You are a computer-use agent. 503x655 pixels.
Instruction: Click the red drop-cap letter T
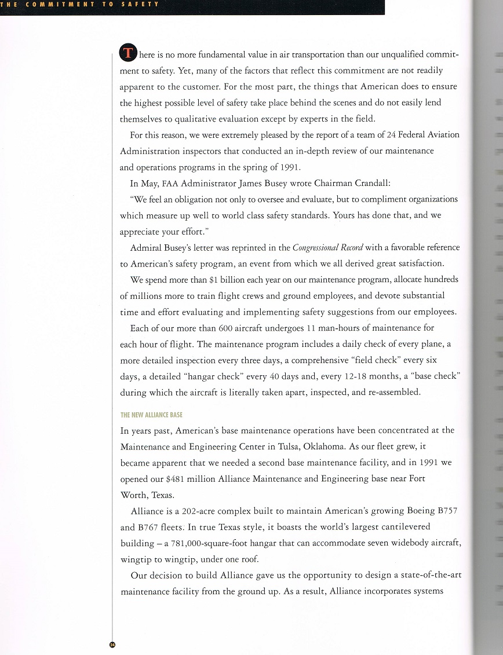pyautogui.click(x=127, y=54)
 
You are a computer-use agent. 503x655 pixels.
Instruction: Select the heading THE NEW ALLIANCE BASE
pyautogui.click(x=151, y=415)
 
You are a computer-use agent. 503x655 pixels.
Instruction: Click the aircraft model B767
pyautogui.click(x=151, y=527)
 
